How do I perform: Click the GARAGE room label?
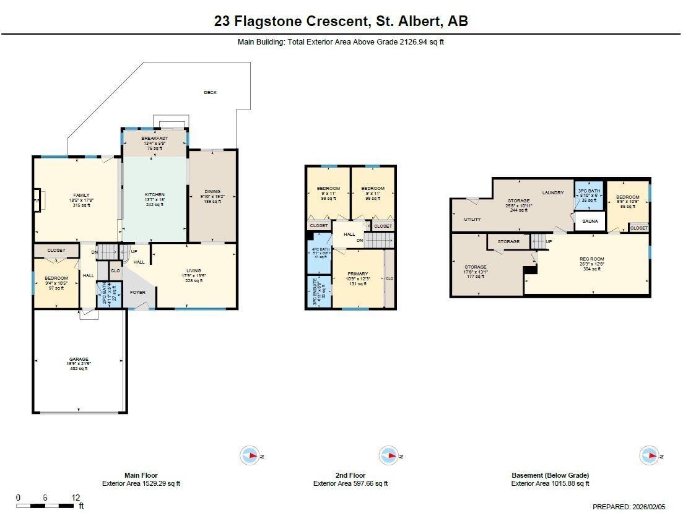coord(79,360)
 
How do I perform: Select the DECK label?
coord(211,92)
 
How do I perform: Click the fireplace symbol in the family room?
coord(37,201)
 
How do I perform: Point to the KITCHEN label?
coord(154,195)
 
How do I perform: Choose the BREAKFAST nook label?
coord(154,138)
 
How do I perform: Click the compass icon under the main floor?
coord(250,456)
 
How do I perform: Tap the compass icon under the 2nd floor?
coord(388,456)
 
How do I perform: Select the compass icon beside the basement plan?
coord(649,456)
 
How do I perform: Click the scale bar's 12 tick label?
coord(76,498)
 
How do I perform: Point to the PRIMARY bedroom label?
coord(357,274)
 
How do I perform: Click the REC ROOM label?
coord(592,259)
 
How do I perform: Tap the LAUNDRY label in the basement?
coord(552,192)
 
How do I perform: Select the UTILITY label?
coord(472,219)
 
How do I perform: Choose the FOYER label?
coord(137,293)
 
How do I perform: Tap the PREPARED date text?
coord(629,507)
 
